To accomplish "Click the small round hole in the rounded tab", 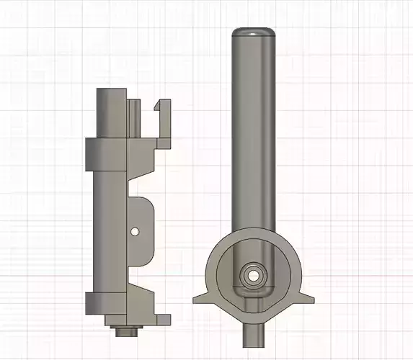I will (135, 231).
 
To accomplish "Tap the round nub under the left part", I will (127, 333).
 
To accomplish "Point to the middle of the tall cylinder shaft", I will (254, 130).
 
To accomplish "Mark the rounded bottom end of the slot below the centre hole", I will (253, 294).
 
